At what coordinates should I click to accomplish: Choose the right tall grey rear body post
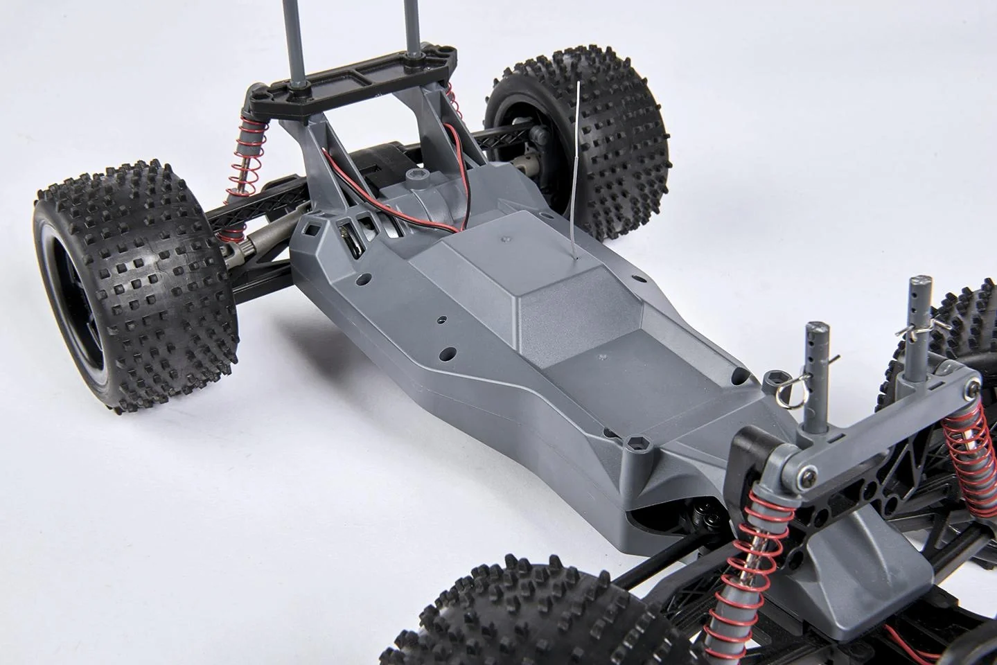pos(414,35)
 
